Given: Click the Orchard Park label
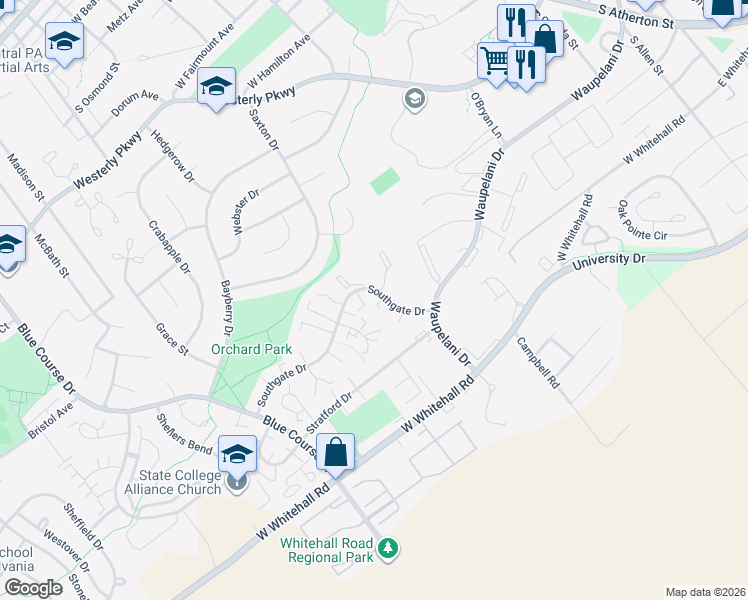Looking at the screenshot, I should tap(251, 350).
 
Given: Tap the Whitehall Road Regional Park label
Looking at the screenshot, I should tap(326, 549).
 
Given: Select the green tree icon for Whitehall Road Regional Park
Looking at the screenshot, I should tap(390, 549).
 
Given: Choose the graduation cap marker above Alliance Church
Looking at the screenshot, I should tap(237, 456).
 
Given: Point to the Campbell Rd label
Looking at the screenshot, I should tap(538, 361).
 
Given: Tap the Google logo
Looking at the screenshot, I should tap(33, 588).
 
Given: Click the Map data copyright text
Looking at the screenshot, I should tap(704, 592).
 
